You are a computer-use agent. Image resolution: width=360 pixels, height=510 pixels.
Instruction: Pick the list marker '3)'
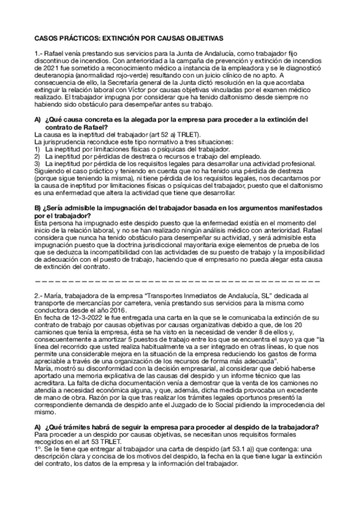(x=38, y=162)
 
